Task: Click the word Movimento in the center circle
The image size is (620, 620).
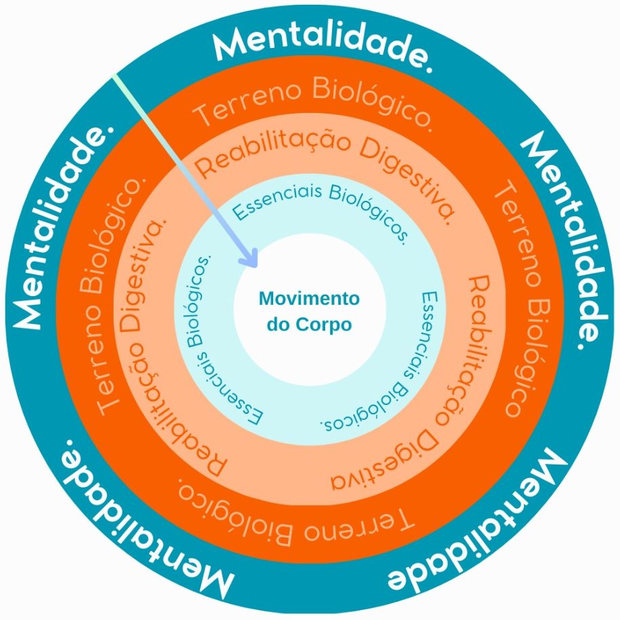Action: [x=310, y=299]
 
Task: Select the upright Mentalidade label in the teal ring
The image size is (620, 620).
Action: [x=323, y=47]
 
